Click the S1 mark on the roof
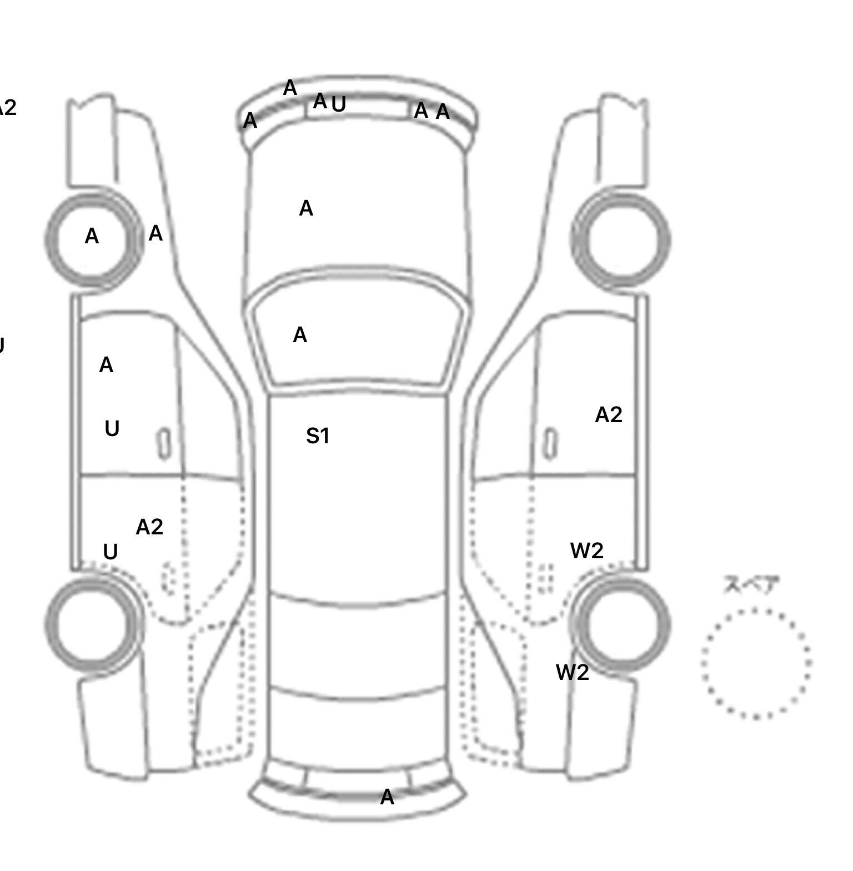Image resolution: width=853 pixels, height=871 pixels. tap(318, 436)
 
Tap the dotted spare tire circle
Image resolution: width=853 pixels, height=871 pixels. tap(756, 663)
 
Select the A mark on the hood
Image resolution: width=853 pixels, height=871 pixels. tap(306, 209)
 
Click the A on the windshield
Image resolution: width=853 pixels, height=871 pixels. tap(300, 335)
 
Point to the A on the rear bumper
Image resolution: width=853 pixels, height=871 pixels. tap(387, 798)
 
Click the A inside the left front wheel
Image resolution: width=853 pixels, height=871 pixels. tap(92, 237)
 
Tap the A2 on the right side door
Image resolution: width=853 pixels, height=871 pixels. tap(608, 415)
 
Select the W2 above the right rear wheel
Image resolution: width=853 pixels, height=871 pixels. tap(586, 550)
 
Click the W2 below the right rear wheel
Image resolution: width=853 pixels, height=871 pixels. tap(572, 673)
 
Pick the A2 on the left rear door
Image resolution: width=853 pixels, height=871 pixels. tap(149, 527)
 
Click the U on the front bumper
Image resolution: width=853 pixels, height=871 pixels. tap(339, 104)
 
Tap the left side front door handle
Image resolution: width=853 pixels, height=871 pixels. tap(164, 444)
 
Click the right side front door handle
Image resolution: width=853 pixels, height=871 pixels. tap(550, 444)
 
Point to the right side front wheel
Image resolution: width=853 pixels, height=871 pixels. tap(621, 240)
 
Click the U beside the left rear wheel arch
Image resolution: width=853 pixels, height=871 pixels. tap(111, 552)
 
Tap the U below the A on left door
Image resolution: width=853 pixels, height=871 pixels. tap(112, 429)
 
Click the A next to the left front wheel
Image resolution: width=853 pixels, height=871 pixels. tap(155, 234)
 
